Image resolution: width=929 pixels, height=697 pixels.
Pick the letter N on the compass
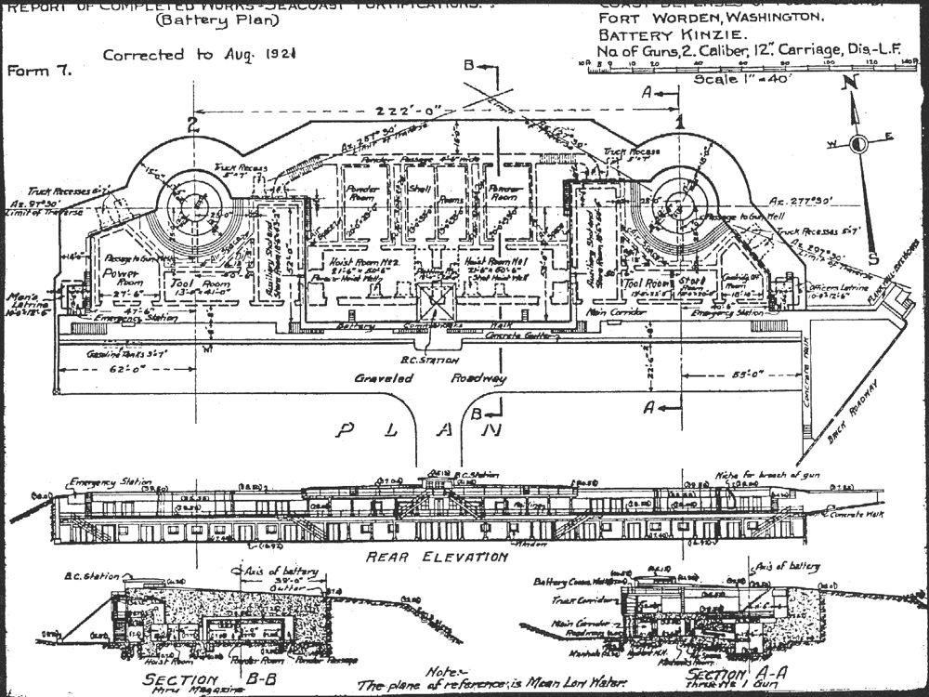[x=847, y=81]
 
